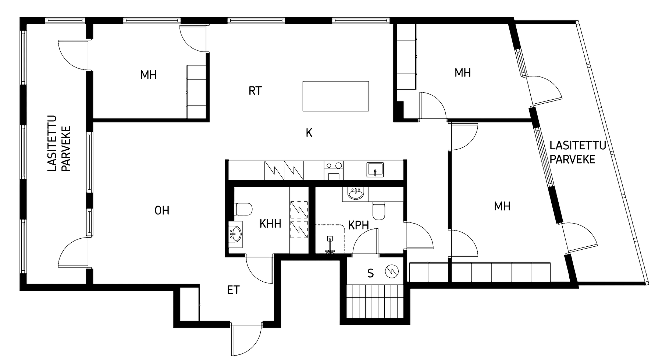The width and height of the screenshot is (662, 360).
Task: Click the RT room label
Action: coord(255,91)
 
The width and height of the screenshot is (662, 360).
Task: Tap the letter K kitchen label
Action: coord(309,133)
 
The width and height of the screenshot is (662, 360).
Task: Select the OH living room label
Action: coord(162,211)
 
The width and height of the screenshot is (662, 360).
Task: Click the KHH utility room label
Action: coord(270,224)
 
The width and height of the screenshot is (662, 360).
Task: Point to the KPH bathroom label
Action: coord(359,225)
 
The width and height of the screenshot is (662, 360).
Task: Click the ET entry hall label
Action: coord(233,290)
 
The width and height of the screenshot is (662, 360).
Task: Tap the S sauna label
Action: coord(371,273)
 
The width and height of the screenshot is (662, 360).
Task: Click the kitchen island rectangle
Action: coord(335,96)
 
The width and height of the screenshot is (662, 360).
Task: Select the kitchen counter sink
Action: coord(375,170)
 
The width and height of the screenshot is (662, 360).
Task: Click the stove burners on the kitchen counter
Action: coord(334,166)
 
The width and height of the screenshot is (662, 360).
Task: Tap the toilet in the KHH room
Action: coord(243,209)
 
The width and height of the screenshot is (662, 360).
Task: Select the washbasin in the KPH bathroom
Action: coord(355,193)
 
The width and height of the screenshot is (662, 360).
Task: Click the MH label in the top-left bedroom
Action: coord(149,75)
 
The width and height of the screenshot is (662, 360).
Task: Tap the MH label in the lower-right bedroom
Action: coord(502,206)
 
